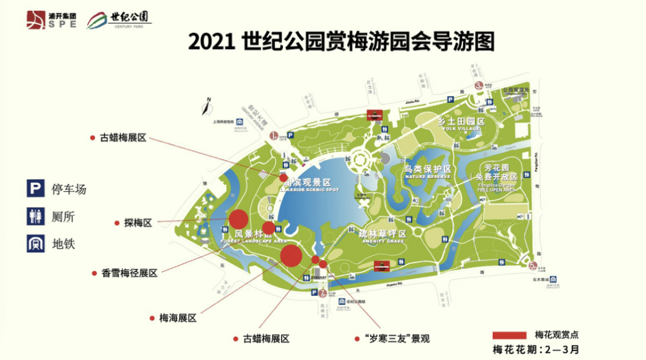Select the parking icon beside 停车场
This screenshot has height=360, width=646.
pos(34,189)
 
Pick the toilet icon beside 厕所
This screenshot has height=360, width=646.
pos(34,216)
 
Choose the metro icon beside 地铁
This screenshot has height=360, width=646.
pos(34,243)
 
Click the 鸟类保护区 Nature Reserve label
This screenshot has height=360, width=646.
pos(427,171)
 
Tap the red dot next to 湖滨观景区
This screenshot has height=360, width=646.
pos(284,177)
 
